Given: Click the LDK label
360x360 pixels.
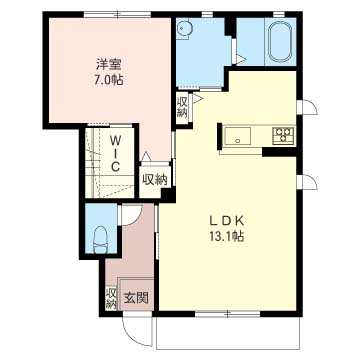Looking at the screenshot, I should point(228,221).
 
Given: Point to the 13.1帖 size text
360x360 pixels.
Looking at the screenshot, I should point(228,237).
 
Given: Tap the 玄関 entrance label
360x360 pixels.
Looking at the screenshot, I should point(137,297).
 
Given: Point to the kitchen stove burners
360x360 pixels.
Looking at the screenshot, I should point(283,135).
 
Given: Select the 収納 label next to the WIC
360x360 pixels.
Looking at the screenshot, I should point(154,180).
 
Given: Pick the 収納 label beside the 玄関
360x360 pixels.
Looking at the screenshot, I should point(111,297).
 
